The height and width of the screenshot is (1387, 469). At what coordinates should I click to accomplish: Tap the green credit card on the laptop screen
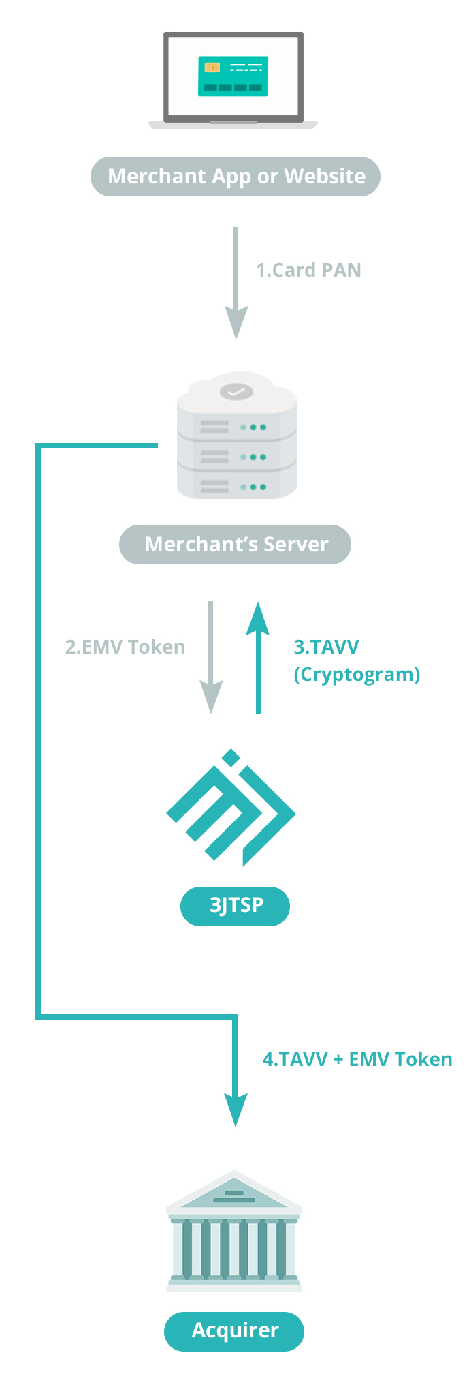(x=233, y=76)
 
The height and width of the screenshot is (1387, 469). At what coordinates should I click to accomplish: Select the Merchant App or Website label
(x=236, y=177)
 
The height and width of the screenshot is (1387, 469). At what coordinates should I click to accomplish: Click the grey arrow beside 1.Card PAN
(x=236, y=283)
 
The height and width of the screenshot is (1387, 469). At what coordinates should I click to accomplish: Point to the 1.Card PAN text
(x=308, y=271)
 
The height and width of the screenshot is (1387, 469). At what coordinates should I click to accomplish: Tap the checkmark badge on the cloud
(x=236, y=392)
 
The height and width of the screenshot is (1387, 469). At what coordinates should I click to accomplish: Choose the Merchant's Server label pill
(x=236, y=545)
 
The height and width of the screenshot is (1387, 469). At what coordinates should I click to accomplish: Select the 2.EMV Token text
(x=125, y=647)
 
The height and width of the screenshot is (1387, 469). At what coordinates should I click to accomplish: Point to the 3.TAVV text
(x=326, y=647)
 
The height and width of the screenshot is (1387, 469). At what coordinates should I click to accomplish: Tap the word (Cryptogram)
(x=357, y=674)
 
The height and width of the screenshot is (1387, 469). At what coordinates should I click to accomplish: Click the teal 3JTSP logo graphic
(x=231, y=811)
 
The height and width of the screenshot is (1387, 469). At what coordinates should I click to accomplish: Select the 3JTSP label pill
(x=236, y=906)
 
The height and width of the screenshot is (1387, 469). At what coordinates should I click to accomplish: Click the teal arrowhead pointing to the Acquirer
(x=236, y=1108)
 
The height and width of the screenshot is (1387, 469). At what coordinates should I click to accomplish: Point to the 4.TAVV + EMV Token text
(x=357, y=1059)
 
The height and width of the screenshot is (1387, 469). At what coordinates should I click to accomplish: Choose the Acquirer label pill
(x=234, y=1330)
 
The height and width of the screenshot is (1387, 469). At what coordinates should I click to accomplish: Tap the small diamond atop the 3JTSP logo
(x=231, y=757)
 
